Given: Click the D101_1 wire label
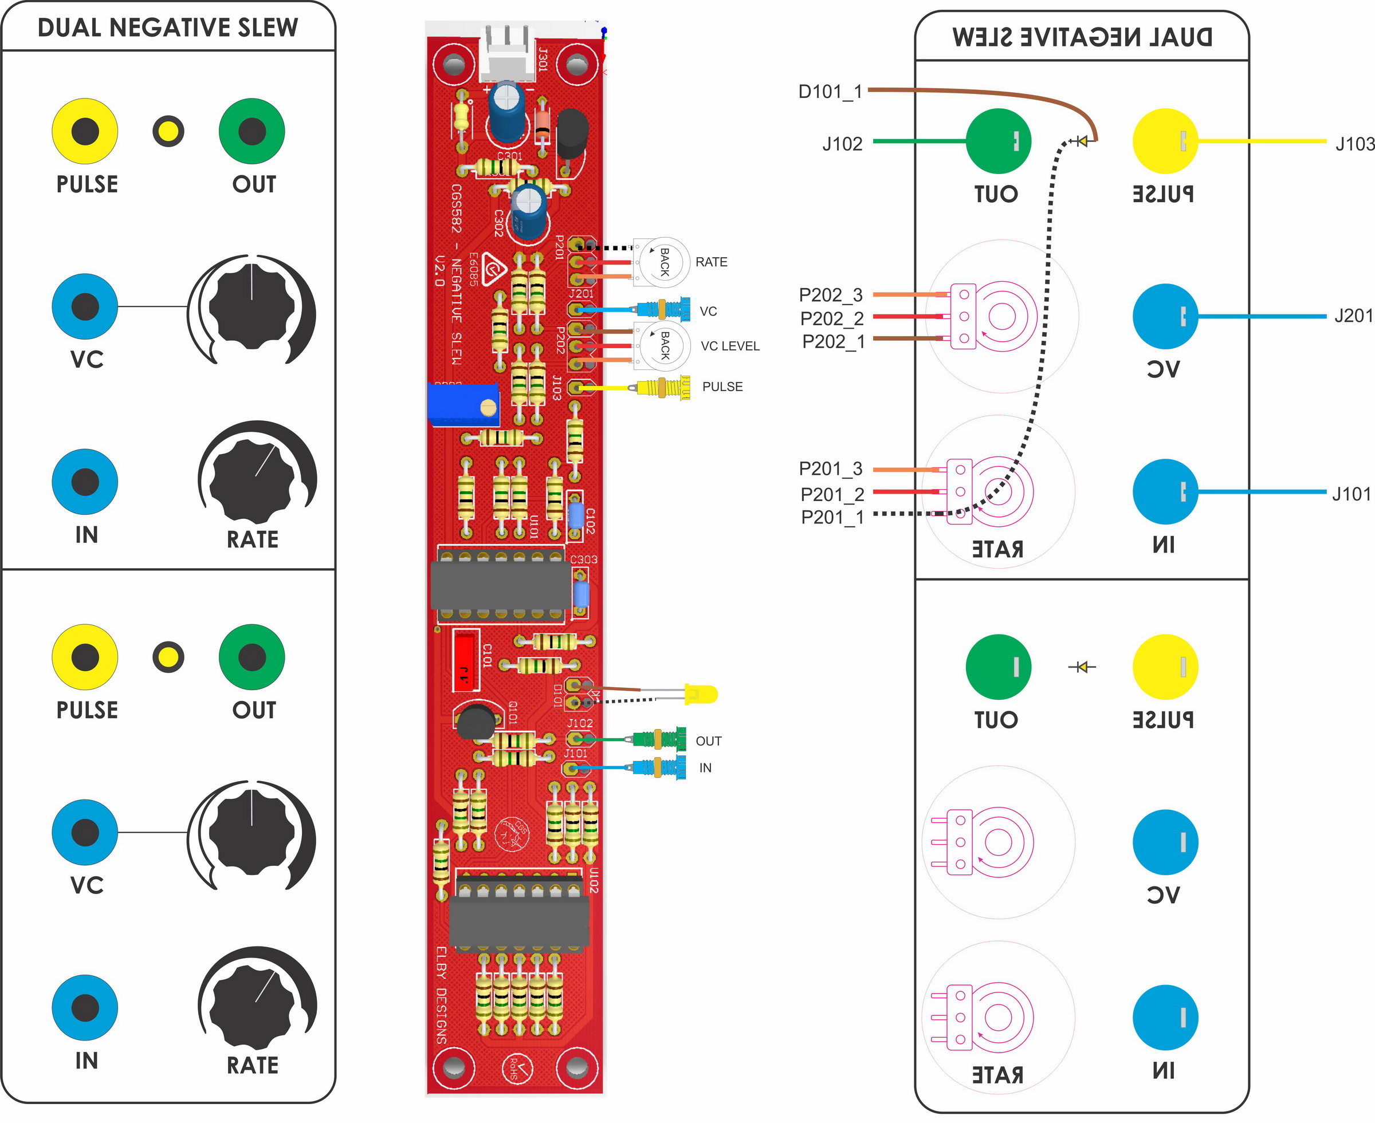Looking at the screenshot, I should coord(830,92).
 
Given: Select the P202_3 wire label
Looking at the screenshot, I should coord(831,295).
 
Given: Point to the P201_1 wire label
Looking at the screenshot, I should coord(832,517).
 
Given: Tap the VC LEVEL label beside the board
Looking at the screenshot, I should coord(730,346).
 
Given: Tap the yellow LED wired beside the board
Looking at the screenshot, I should coord(701,695).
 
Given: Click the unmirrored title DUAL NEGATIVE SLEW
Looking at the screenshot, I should coord(168,28).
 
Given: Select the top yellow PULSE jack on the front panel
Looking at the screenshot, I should coord(85,131).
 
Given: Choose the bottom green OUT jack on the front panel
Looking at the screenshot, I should coord(252,657).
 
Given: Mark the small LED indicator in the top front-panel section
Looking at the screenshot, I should coord(168,131).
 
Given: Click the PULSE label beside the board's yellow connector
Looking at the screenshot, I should coord(722,387).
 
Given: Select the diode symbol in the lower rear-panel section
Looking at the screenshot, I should coord(1082,667).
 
